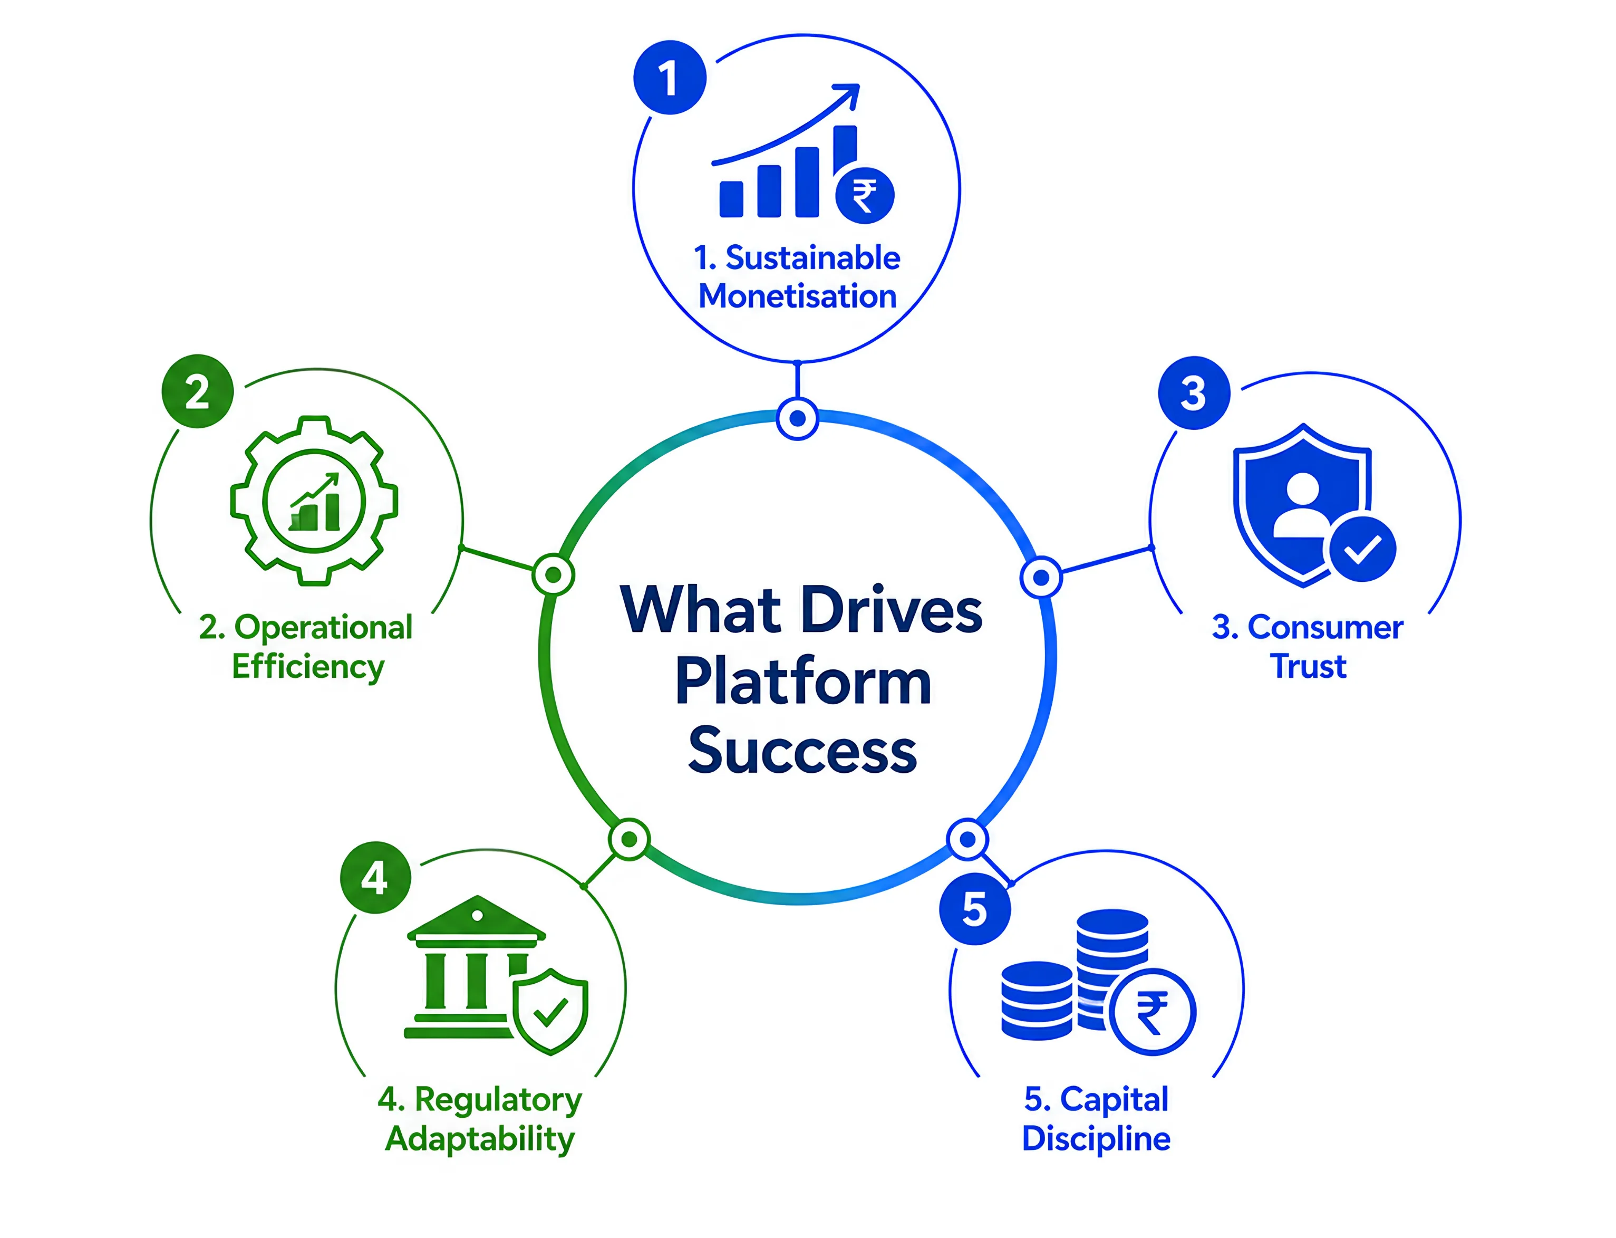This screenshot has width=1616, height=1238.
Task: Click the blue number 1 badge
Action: pos(670,78)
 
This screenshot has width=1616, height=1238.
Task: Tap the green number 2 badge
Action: pos(197,391)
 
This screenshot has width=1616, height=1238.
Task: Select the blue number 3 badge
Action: pos(1194,393)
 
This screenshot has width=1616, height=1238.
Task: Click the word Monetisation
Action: pos(798,296)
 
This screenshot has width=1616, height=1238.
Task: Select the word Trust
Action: pos(1308,666)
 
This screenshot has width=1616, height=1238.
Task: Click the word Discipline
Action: pos(1096,1138)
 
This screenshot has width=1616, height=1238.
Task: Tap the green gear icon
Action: pos(315,501)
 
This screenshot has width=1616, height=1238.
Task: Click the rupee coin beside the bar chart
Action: pos(865,195)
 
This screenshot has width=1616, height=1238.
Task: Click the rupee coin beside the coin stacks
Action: pos(1153,1012)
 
